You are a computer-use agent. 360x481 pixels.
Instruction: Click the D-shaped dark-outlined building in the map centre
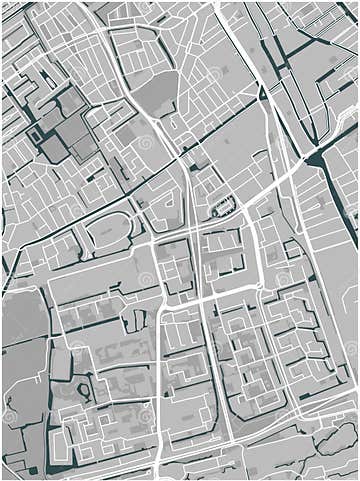(222, 207)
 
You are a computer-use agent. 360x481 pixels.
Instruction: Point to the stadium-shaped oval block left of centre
(108, 232)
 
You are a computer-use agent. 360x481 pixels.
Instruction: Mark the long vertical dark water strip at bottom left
(48, 400)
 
